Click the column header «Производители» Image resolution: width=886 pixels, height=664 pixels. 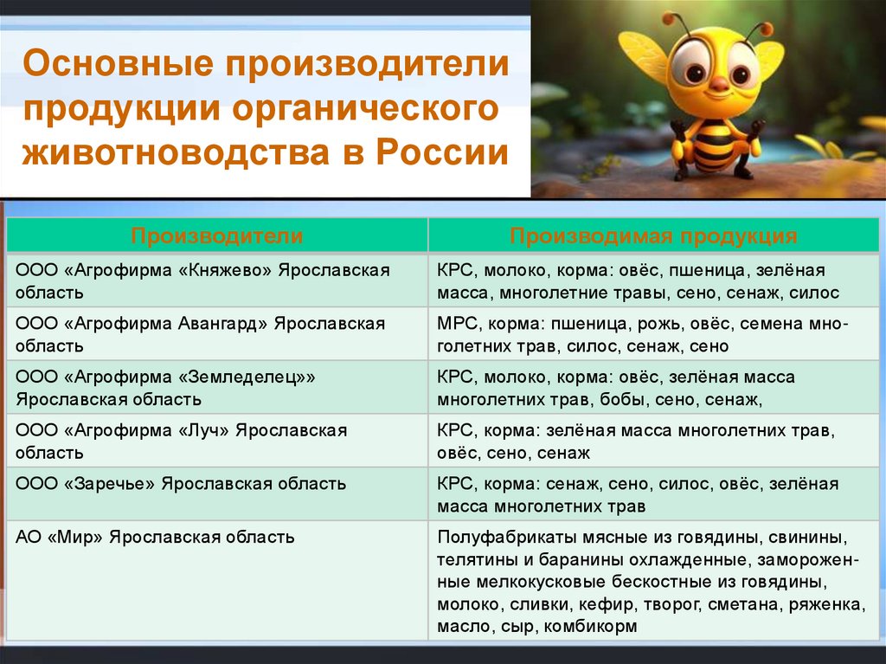[217, 236]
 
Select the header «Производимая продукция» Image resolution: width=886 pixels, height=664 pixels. [653, 236]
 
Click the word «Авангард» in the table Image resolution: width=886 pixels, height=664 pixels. [223, 324]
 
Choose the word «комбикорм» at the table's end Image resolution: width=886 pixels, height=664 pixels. [591, 626]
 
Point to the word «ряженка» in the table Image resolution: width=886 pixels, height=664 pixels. [825, 604]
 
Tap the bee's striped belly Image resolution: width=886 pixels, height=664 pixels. [715, 147]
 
